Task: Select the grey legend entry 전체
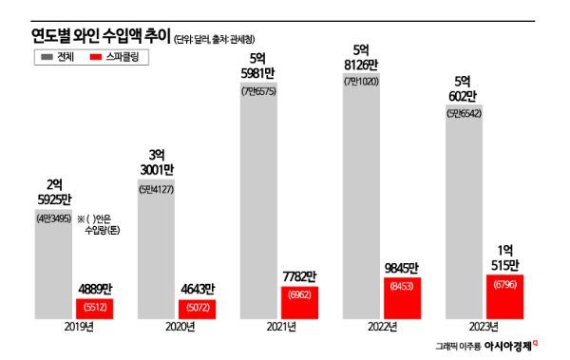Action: (59, 58)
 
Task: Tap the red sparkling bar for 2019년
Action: (96, 308)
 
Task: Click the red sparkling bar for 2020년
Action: (197, 309)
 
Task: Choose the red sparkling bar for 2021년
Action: (299, 301)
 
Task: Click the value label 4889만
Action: (97, 290)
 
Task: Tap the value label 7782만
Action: (299, 276)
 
